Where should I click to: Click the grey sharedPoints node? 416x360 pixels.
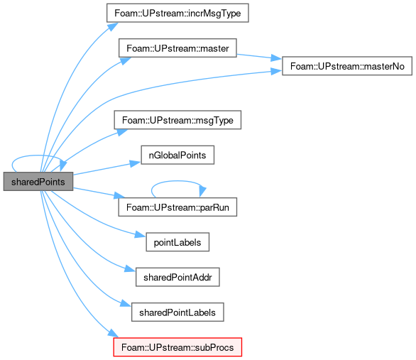[38, 182]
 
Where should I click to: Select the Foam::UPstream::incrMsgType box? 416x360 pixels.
[177, 13]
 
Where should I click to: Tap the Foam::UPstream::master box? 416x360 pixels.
[177, 48]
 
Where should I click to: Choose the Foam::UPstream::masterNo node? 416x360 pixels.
[347, 66]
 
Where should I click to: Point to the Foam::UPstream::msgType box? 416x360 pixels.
[177, 120]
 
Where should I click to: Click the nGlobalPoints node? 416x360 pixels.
[177, 155]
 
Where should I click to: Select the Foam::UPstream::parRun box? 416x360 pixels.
[177, 207]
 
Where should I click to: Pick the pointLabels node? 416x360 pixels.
[177, 242]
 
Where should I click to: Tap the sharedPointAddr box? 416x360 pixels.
[177, 277]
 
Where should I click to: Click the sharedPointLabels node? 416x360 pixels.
[177, 312]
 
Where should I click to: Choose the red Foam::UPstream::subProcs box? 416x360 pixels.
[177, 347]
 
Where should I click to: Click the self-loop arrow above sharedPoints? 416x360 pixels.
[37, 156]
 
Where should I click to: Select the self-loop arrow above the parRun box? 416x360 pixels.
[177, 181]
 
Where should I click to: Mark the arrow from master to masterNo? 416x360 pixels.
[258, 57]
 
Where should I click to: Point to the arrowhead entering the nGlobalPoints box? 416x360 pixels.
[136, 163]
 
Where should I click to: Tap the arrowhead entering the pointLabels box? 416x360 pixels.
[140, 235]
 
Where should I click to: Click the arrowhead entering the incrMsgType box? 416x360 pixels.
[113, 26]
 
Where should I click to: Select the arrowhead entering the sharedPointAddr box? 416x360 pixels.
[130, 269]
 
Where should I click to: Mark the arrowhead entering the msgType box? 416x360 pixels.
[122, 132]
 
